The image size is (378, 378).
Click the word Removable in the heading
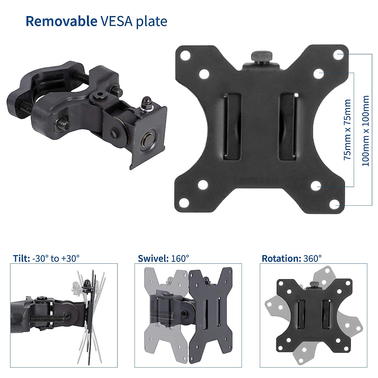(61, 21)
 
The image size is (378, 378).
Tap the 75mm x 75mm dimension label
(347, 129)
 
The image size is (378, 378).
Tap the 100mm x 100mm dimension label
(365, 131)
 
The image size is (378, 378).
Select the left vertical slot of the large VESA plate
(232, 126)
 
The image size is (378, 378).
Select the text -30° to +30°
(56, 259)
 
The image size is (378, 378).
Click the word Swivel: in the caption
(153, 259)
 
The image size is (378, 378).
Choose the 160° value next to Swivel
(180, 259)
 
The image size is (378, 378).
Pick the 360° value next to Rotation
(313, 259)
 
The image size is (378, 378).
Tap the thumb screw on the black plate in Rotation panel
(314, 284)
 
